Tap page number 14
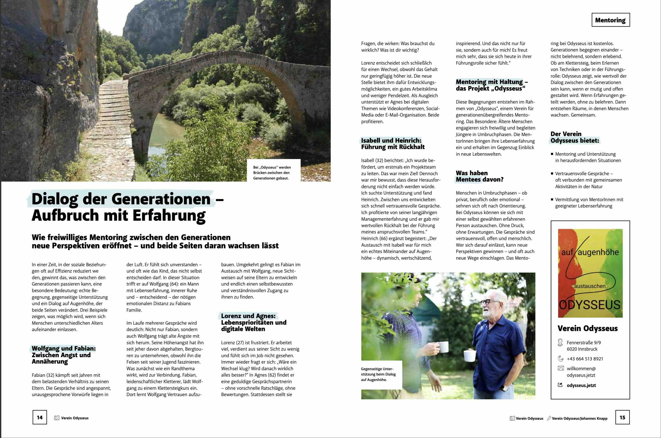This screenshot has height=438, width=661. point(40,417)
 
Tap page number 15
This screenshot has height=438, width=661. point(623,417)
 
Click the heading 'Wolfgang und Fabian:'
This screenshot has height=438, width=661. point(64,349)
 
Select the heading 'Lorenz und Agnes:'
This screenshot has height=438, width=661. point(248,316)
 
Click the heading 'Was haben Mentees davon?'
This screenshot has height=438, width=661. point(479,176)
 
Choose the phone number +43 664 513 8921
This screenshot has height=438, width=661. point(585,359)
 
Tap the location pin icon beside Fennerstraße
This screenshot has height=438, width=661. point(560,343)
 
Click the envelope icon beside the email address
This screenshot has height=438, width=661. point(560,368)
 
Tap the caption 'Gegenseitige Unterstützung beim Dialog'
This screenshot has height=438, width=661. point(378,374)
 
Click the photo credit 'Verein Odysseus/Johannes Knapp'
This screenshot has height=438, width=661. point(579,418)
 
